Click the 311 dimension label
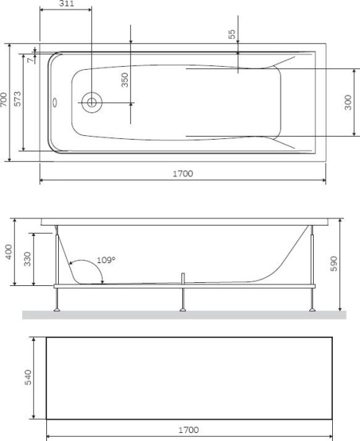(70, 4)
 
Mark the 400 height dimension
(8, 253)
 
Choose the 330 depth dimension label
(27, 258)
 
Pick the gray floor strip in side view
(184, 315)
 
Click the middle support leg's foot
(182, 309)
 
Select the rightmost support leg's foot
(314, 309)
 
